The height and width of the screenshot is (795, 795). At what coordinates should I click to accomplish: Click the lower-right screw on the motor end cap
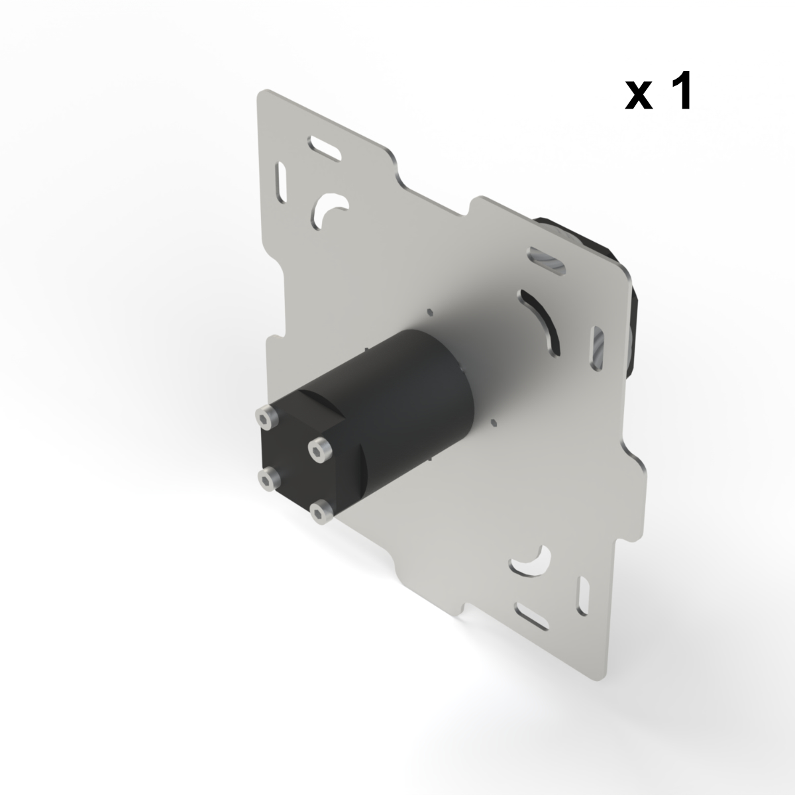point(321,511)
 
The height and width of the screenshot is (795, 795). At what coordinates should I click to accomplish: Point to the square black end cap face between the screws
point(291,464)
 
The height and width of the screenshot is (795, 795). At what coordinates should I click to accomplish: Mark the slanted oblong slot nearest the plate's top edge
point(324,147)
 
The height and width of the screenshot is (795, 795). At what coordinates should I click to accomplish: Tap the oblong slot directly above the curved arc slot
point(547,260)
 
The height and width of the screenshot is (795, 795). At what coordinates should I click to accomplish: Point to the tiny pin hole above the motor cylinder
point(429,310)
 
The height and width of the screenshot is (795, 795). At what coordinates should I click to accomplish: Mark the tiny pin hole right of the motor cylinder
point(493,421)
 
